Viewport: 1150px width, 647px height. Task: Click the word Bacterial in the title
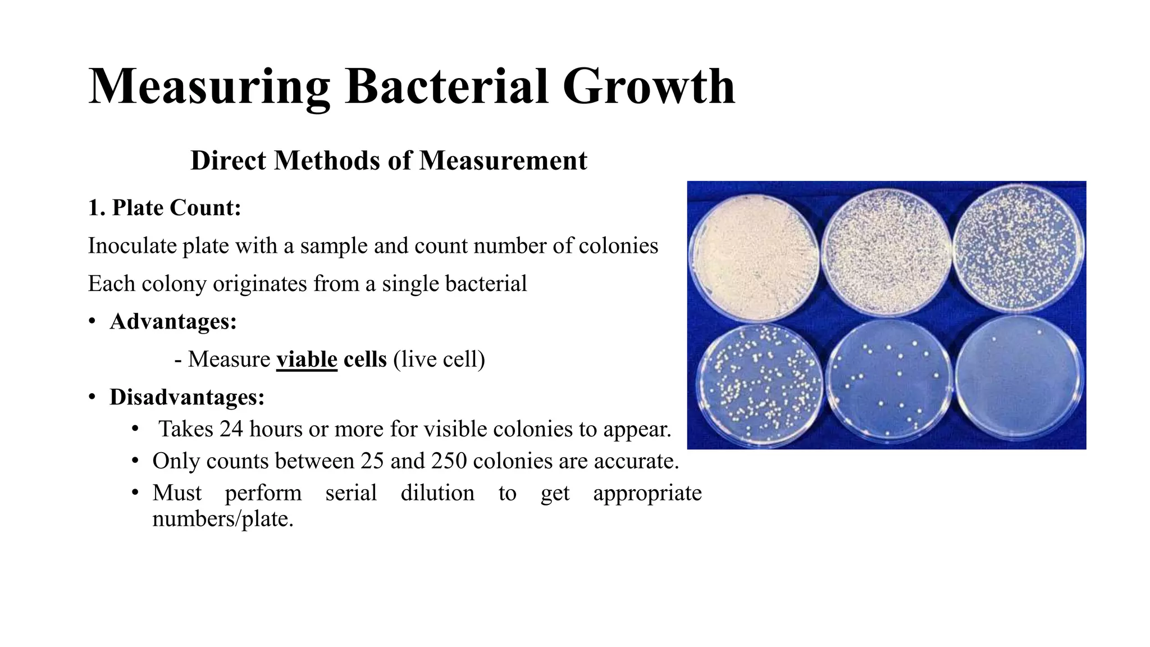[446, 87]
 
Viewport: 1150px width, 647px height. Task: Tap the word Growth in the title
[649, 87]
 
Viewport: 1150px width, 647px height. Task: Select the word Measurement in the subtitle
[503, 161]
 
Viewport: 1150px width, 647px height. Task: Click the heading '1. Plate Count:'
[165, 208]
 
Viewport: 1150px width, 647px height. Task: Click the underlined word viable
[307, 359]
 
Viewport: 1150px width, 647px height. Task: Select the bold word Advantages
[173, 322]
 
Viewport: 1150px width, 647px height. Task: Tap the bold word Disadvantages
[187, 397]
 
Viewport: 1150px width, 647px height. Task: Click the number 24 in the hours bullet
[231, 429]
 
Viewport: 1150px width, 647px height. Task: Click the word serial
[351, 493]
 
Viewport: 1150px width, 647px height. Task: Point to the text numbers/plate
[223, 519]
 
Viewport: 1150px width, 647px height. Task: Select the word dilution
[437, 493]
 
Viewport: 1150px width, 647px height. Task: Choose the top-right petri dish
[1019, 250]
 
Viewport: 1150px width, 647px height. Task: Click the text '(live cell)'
[439, 359]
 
